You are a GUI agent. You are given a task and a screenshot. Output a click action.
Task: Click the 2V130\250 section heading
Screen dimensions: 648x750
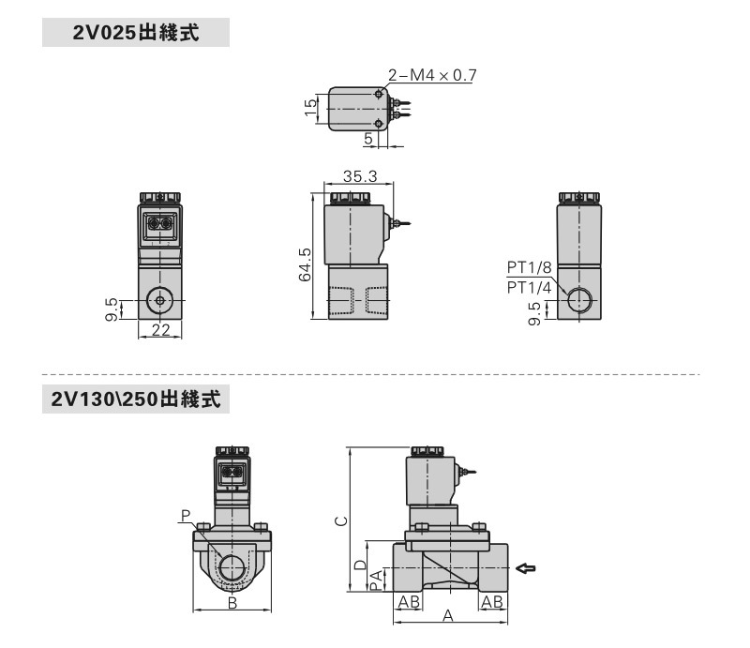[x=136, y=399]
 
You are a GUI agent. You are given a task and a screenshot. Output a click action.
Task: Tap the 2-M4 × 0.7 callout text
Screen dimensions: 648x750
[x=431, y=76]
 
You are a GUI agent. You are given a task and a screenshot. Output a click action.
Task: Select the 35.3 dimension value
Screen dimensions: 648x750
[x=359, y=175]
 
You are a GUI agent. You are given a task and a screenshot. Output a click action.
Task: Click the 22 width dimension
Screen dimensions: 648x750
[x=160, y=328]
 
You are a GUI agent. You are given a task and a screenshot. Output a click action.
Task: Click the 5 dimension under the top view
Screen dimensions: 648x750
[x=369, y=138]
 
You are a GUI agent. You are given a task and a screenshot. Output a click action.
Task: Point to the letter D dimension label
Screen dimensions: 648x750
[x=360, y=565]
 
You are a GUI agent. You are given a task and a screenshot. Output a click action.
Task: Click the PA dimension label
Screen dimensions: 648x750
[x=376, y=580]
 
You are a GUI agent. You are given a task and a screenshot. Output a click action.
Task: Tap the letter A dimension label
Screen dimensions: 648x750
[x=448, y=616]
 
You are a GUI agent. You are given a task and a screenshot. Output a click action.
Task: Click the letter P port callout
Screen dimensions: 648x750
[x=186, y=515]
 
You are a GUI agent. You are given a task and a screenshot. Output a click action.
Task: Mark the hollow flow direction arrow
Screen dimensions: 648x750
[x=528, y=567]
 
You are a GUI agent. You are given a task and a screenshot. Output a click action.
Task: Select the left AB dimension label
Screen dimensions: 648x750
[x=408, y=601]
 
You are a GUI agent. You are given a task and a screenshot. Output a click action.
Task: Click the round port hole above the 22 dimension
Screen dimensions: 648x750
[x=160, y=301]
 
